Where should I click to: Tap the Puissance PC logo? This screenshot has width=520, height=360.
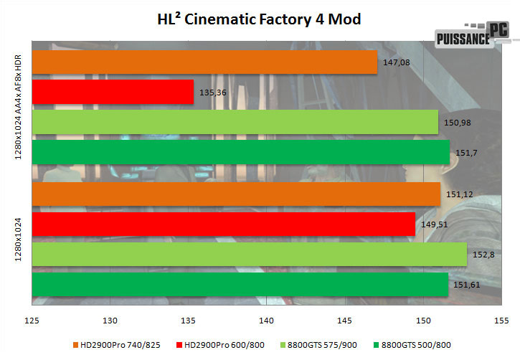(471, 35)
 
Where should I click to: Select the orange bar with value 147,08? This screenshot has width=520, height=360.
(204, 62)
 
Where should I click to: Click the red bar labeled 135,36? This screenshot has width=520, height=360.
(113, 92)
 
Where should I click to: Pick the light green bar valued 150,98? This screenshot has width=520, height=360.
(235, 122)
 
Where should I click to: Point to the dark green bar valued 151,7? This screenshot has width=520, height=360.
(240, 151)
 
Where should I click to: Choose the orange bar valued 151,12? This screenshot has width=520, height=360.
(235, 194)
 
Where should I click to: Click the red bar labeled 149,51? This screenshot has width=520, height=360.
(223, 224)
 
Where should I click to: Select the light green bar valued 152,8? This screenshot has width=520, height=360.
(249, 254)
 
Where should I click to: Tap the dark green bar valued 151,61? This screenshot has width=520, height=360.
(240, 283)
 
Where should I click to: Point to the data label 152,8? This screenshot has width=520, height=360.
(481, 255)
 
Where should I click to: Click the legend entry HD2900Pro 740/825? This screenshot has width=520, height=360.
(113, 344)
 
